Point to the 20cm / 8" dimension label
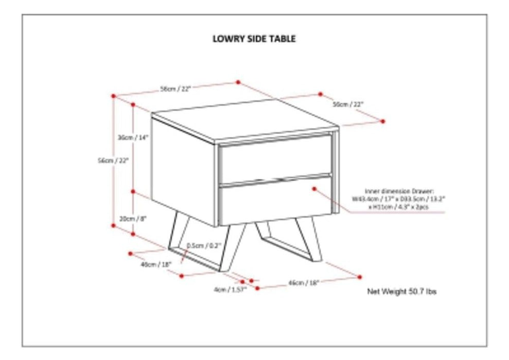click(x=133, y=218)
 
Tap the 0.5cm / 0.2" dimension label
click(x=204, y=245)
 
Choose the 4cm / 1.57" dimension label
click(x=230, y=290)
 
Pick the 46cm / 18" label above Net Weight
click(x=304, y=282)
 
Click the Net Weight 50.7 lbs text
click(x=401, y=292)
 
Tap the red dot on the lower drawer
click(x=314, y=189)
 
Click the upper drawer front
click(x=275, y=159)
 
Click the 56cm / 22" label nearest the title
click(x=175, y=88)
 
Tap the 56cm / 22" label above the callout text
click(x=348, y=104)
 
